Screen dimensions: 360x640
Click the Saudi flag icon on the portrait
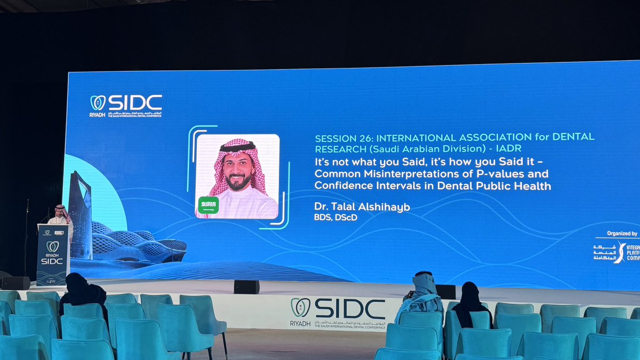[x=209, y=205]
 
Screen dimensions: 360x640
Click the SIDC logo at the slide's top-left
[x=126, y=105]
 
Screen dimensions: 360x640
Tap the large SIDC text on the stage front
[x=350, y=309]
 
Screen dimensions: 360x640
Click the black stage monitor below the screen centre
[x=246, y=287]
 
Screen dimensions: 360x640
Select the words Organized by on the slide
[x=622, y=234]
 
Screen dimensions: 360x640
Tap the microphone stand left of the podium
[x=27, y=235]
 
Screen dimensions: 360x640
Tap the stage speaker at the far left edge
[x=15, y=283]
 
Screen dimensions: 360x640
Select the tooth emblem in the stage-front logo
[x=300, y=307]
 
